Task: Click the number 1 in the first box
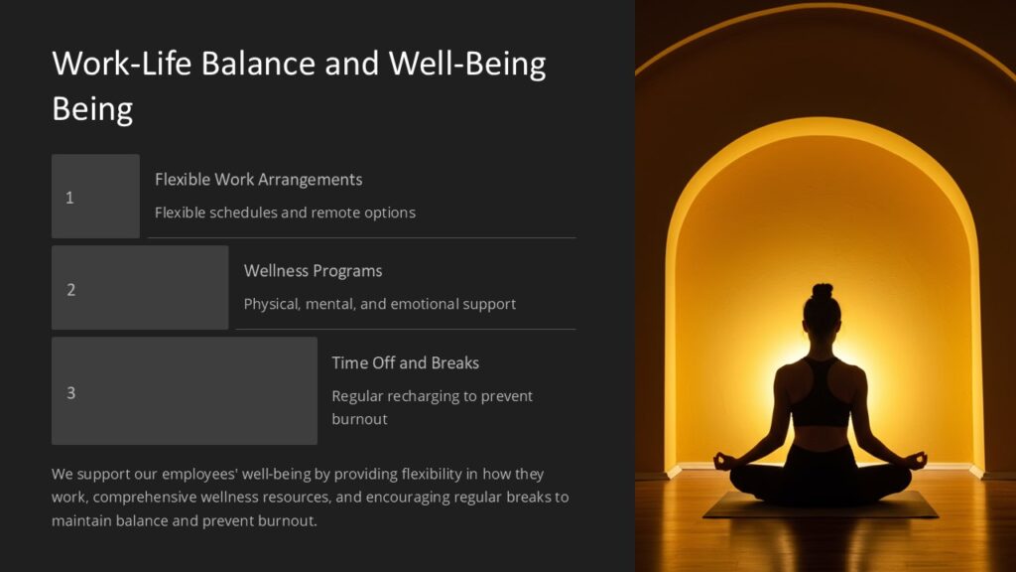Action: pyautogui.click(x=69, y=198)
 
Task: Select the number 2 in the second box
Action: pyautogui.click(x=70, y=290)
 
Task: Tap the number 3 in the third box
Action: pyautogui.click(x=70, y=392)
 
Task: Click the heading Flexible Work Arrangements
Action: pyautogui.click(x=258, y=180)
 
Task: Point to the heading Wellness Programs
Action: pyautogui.click(x=313, y=271)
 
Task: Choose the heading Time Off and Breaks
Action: pyautogui.click(x=405, y=362)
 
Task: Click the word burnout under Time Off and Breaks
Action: pyautogui.click(x=359, y=419)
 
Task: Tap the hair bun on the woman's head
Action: pyautogui.click(x=822, y=292)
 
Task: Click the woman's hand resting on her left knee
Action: pyautogui.click(x=722, y=461)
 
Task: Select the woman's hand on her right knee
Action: pyautogui.click(x=918, y=460)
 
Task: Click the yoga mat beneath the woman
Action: pyautogui.click(x=821, y=507)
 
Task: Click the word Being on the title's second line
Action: pyautogui.click(x=92, y=108)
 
